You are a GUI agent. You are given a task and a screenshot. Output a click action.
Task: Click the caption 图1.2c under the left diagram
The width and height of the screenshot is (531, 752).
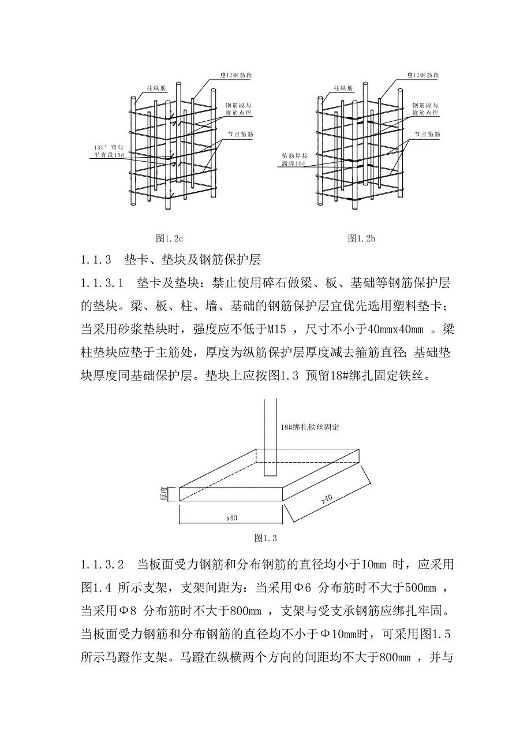pyautogui.click(x=170, y=238)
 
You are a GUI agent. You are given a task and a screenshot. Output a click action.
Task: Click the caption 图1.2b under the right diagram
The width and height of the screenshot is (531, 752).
pyautogui.click(x=362, y=238)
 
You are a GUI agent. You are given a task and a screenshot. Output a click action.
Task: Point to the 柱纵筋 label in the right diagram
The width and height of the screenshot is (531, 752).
pyautogui.click(x=342, y=88)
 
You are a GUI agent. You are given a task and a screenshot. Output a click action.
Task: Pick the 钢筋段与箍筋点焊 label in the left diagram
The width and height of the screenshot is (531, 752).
pyautogui.click(x=238, y=110)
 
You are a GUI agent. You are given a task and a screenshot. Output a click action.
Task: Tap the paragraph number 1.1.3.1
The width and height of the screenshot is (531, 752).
pyautogui.click(x=102, y=283)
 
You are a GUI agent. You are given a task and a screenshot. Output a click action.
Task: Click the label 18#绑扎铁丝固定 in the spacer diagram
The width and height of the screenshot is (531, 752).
pyautogui.click(x=309, y=428)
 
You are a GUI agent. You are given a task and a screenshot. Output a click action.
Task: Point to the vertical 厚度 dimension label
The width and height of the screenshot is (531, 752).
pyautogui.click(x=163, y=493)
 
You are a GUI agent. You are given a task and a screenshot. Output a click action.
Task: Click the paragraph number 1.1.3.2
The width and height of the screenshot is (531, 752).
pyautogui.click(x=102, y=564)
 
